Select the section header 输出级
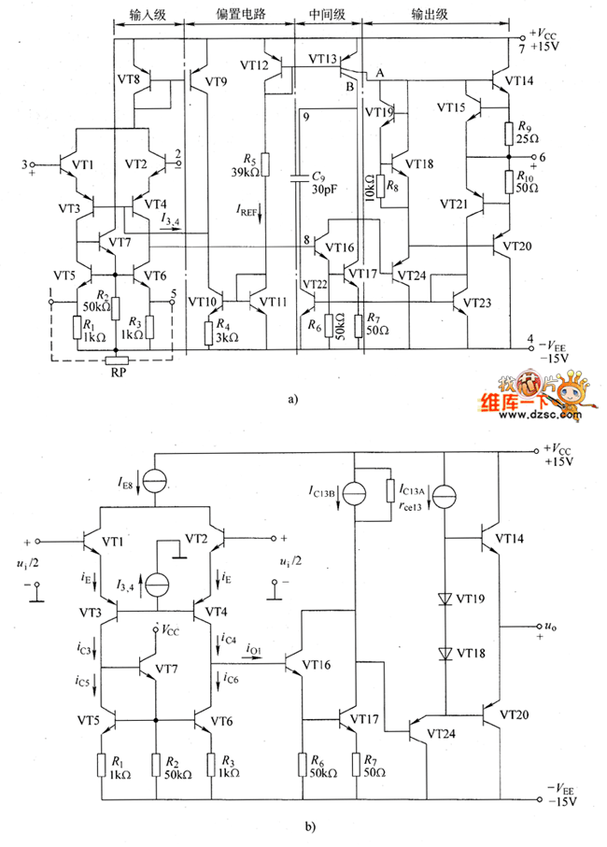tap(430, 18)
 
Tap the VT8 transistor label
tap(130, 81)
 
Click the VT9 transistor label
tap(214, 82)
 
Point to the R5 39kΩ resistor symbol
tap(266, 164)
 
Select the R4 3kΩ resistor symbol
tap(208, 330)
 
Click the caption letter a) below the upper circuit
tap(293, 399)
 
